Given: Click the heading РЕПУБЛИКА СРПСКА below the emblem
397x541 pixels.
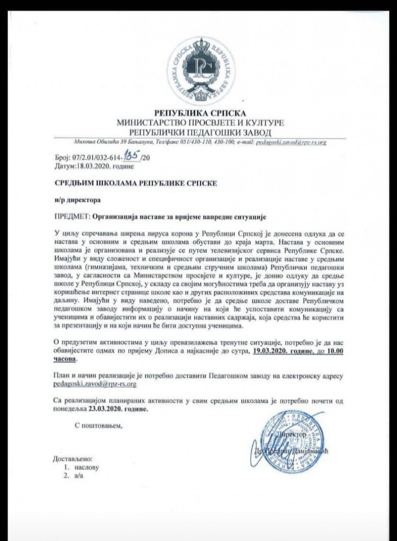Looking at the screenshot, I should point(200,113).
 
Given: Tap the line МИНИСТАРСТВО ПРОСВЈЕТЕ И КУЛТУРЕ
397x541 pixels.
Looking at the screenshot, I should point(200,122).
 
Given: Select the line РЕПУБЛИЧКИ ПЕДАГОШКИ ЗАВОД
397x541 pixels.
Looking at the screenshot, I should point(200,131).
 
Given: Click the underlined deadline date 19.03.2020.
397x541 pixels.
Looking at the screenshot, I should point(278,351).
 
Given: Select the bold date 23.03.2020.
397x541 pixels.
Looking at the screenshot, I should point(110,410).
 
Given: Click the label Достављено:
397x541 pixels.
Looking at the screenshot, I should point(74,458).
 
